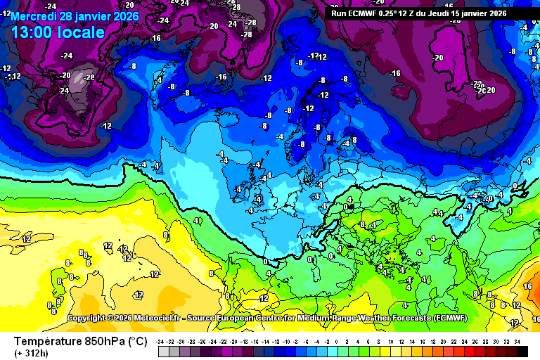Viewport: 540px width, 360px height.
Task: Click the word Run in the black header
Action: (x=338, y=13)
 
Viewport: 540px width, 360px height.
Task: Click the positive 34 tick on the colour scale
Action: (x=517, y=341)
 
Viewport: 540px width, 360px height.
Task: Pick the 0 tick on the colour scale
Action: (x=337, y=341)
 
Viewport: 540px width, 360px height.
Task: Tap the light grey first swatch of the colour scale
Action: (x=163, y=351)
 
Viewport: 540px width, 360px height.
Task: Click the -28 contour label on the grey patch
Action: (x=89, y=77)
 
